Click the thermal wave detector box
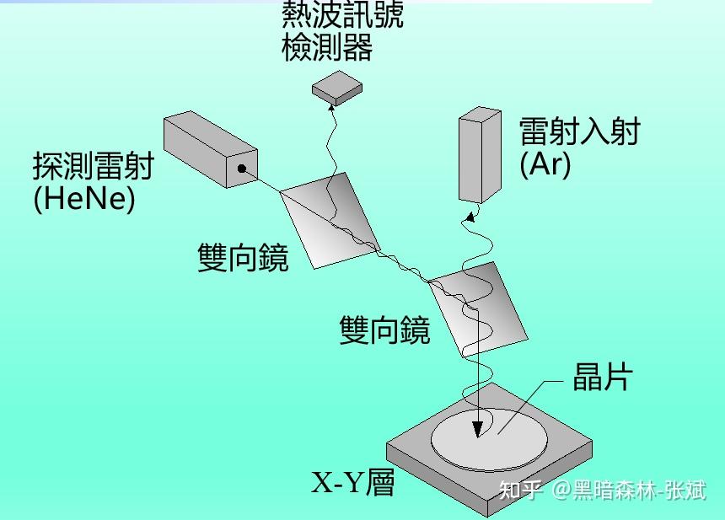337,88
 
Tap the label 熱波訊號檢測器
341,32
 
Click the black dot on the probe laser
241,169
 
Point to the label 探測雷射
93,166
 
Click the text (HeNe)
84,199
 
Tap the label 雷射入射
579,132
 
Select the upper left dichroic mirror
330,220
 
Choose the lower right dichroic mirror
475,308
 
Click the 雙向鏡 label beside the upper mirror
243,258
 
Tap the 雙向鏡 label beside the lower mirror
384,330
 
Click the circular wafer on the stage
489,437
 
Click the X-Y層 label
353,483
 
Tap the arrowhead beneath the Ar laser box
468,217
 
